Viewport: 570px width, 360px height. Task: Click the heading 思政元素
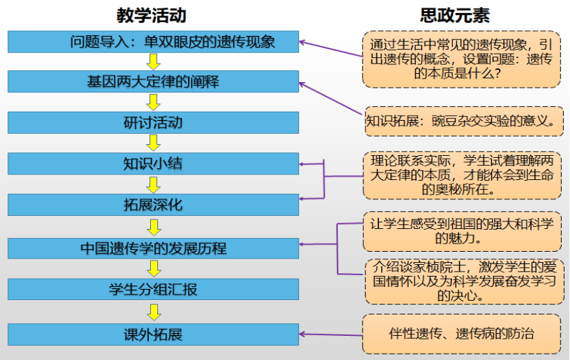pos(455,14)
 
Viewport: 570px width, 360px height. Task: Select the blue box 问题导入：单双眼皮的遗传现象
pos(153,41)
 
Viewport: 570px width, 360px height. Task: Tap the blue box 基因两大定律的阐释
pos(153,81)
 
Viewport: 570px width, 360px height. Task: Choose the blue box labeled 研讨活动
pos(153,122)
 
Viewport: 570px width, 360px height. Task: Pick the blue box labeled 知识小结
pos(153,163)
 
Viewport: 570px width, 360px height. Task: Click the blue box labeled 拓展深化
pos(153,205)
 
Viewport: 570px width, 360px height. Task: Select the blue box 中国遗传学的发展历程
pos(153,248)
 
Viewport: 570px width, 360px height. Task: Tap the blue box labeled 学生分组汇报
pos(153,289)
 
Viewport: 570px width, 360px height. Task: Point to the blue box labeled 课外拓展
pos(153,335)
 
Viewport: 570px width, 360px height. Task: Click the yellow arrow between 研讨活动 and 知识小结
pos(154,143)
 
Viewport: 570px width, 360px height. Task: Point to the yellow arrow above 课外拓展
pos(154,312)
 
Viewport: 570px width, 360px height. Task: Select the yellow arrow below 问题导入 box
pos(154,61)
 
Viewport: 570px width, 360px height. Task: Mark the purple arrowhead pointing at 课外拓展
pos(304,335)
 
